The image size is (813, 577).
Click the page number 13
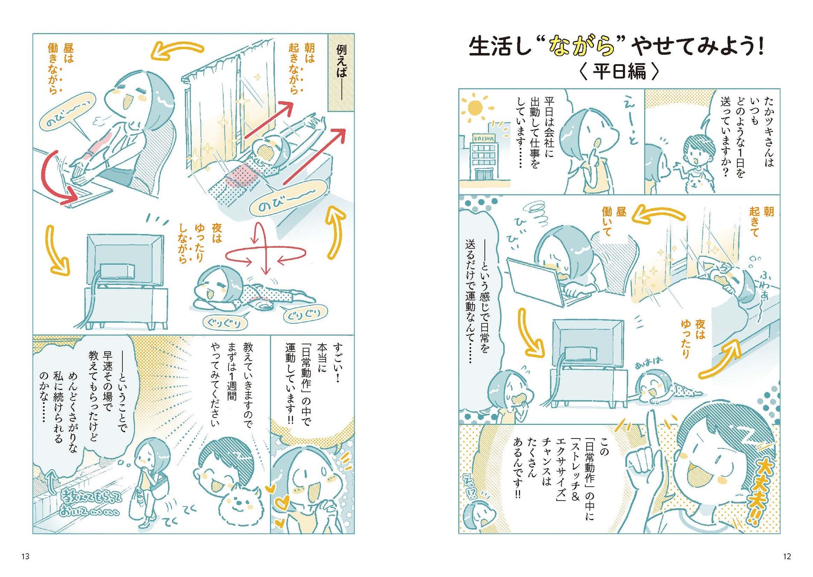25,556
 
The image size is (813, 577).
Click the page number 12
787,556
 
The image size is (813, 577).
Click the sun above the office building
475,108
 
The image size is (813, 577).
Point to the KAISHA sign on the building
484,138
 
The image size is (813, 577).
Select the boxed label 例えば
341,73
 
